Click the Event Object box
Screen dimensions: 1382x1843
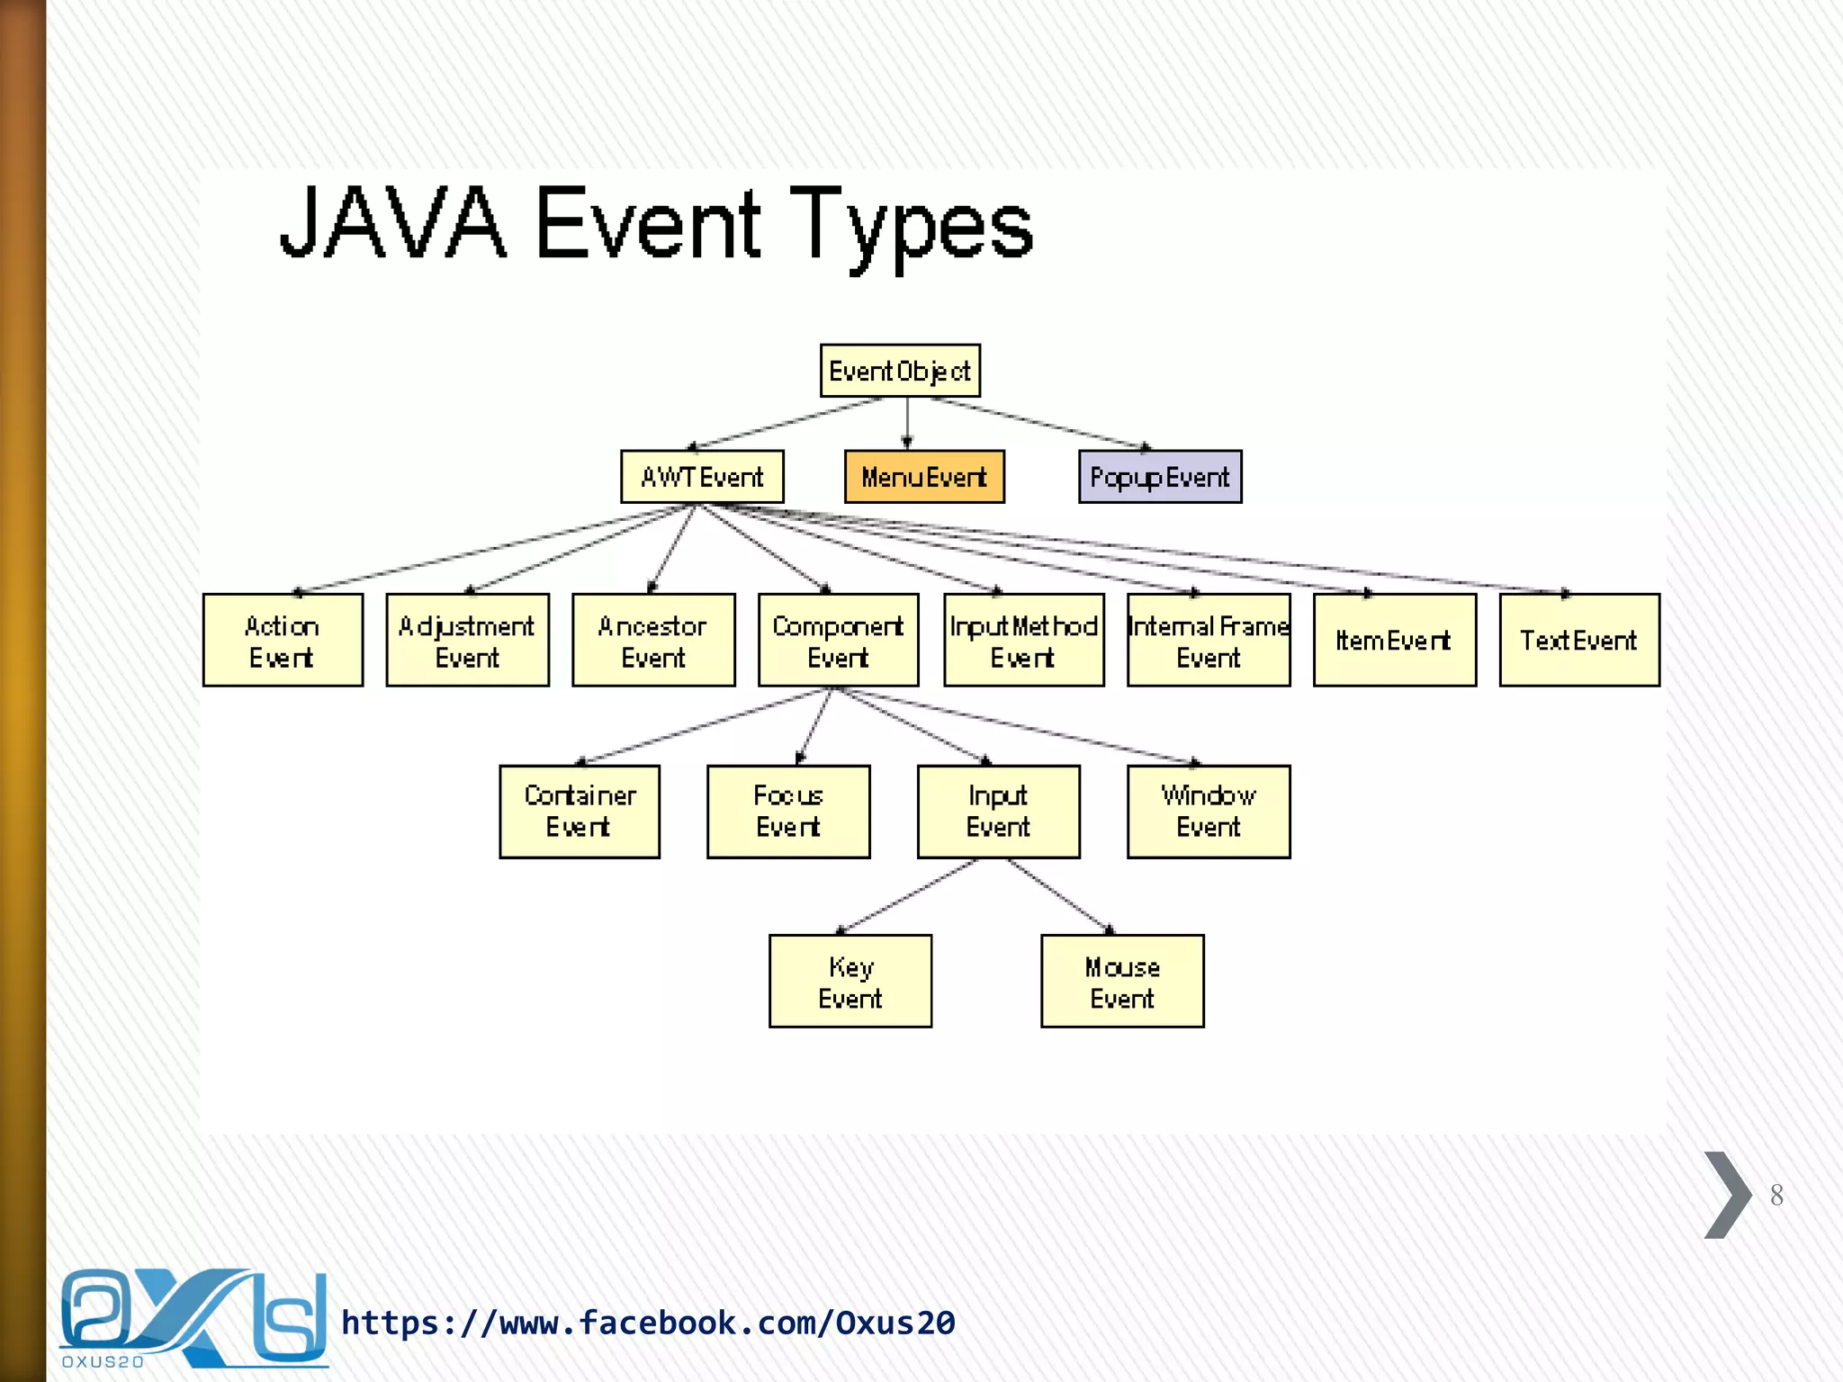[x=900, y=371]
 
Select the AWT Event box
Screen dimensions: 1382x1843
[x=702, y=477]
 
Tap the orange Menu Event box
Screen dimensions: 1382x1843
[x=924, y=477]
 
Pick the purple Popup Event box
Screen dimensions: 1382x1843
[x=1160, y=477]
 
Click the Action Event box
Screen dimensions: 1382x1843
[x=283, y=641]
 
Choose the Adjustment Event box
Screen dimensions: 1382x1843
[x=467, y=641]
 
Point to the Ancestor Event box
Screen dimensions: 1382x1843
[x=653, y=641]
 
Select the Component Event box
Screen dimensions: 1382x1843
[x=838, y=641]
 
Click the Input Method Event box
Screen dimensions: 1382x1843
[x=1023, y=641]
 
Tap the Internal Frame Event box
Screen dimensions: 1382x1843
[x=1209, y=641]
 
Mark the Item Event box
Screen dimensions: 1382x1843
[x=1394, y=641]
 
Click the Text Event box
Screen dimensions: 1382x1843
[x=1579, y=641]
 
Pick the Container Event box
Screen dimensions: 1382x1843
[x=580, y=812]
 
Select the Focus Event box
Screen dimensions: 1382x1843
[x=788, y=812]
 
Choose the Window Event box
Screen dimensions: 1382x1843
[x=1209, y=812]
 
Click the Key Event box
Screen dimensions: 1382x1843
[x=850, y=982]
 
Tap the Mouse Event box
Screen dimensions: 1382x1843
[x=1122, y=982]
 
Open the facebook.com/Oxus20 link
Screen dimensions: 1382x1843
[x=648, y=1323]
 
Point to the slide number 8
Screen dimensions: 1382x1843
[x=1776, y=1195]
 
